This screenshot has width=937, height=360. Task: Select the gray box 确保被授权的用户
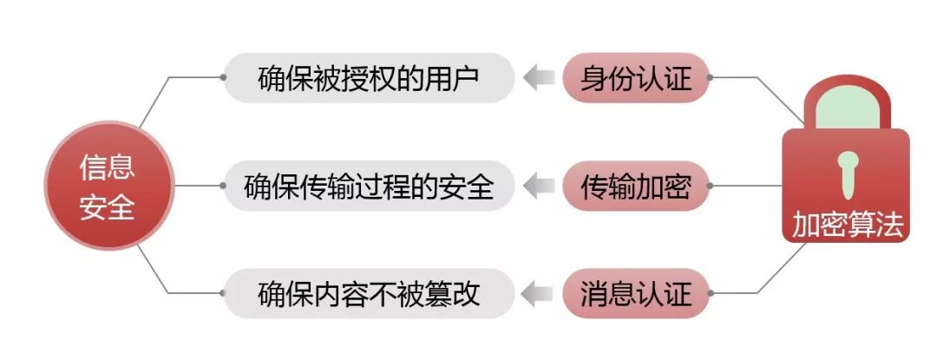point(369,78)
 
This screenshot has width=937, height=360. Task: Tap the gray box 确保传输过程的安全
point(369,186)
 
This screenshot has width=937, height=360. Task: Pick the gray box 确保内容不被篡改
point(369,293)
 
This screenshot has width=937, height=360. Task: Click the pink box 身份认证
point(636,78)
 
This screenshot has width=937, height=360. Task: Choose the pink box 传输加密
point(636,186)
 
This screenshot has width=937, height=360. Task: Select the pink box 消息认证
point(636,293)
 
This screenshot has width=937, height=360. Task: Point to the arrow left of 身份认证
point(540,78)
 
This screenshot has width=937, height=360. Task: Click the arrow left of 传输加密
point(540,186)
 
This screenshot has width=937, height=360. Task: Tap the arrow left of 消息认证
point(540,293)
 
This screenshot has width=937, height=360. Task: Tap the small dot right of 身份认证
point(711,78)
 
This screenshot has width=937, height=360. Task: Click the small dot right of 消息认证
point(711,293)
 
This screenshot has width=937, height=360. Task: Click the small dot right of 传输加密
point(711,186)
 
